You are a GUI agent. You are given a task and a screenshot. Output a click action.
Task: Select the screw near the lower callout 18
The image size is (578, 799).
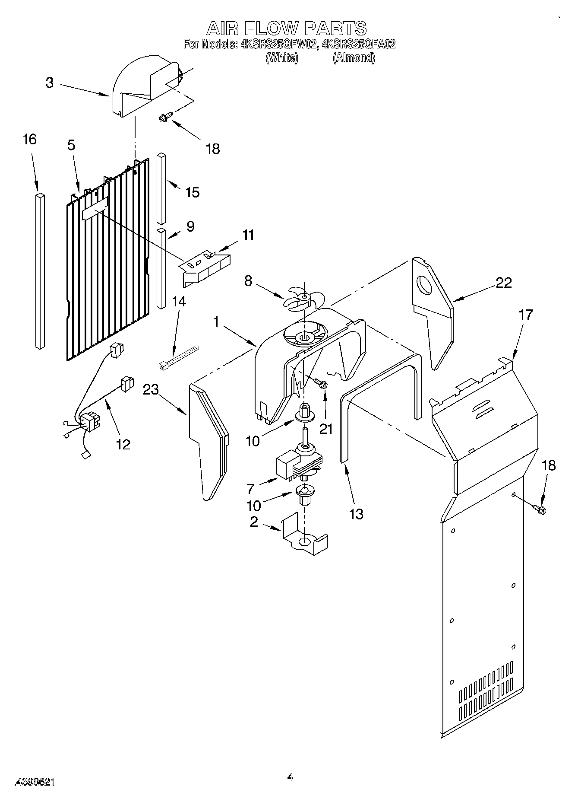(539, 509)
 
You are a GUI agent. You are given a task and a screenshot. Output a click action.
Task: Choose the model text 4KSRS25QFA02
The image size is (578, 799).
(359, 44)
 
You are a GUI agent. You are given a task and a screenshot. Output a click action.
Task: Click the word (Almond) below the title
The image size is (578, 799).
(354, 57)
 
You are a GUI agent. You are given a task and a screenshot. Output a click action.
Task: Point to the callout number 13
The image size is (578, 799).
(356, 514)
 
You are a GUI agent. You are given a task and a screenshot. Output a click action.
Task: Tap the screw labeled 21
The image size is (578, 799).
(320, 382)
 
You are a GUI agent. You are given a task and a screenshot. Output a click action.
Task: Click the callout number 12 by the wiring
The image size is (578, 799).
(123, 444)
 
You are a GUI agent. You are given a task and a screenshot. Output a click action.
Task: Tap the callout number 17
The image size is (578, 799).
(525, 315)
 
